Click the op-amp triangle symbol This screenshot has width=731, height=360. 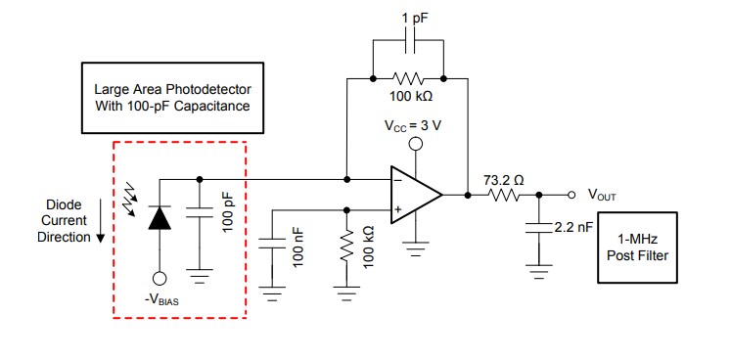tap(415, 194)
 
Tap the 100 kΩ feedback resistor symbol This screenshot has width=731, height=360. tap(407, 76)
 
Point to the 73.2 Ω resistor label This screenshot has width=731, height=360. tap(504, 180)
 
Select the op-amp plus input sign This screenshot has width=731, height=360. tap(399, 207)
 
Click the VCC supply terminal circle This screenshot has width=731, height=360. tap(415, 145)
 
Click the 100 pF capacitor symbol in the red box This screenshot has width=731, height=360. tap(200, 217)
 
